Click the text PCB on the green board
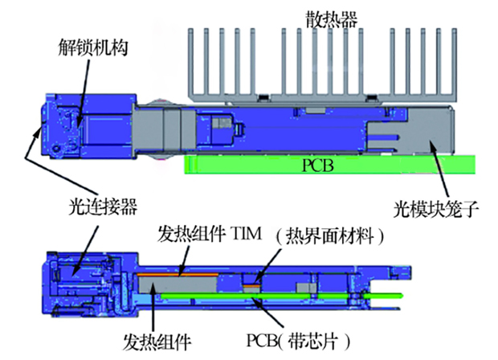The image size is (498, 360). click(x=314, y=166)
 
